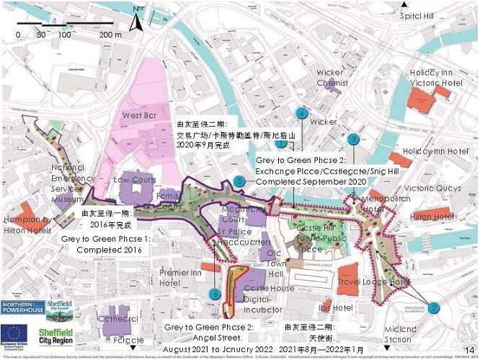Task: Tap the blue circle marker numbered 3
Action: click(352, 139)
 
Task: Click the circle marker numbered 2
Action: click(433, 307)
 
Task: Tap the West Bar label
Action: click(140, 115)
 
